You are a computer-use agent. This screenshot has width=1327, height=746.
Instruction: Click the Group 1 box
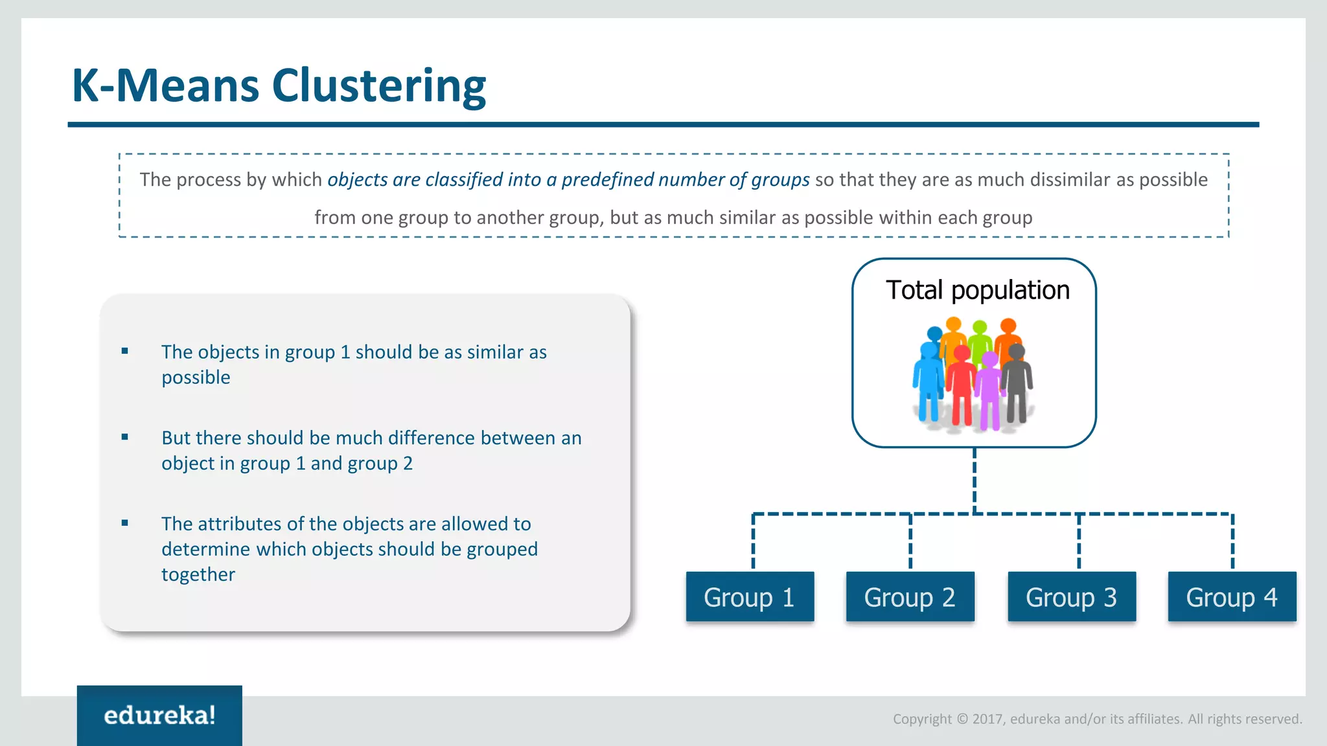(x=750, y=596)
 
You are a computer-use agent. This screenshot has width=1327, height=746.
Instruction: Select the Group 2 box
(x=910, y=596)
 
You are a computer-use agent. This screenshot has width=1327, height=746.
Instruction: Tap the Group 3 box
(x=1071, y=596)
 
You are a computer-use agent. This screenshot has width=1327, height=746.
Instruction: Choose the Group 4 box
(x=1232, y=596)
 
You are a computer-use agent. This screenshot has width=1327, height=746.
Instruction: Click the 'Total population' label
(x=977, y=290)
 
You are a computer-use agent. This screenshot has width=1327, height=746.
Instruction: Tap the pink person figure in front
(x=989, y=392)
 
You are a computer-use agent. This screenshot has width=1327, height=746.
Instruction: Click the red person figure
(x=962, y=385)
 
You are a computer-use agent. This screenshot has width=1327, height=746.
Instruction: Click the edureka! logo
(x=159, y=716)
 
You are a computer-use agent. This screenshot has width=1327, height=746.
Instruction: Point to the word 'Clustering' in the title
(x=378, y=85)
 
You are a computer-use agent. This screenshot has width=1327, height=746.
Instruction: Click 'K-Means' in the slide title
(x=165, y=85)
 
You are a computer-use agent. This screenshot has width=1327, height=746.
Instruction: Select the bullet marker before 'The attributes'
(x=125, y=523)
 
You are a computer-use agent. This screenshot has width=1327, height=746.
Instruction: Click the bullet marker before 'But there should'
(x=125, y=437)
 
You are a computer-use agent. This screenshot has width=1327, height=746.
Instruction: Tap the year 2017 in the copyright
(x=988, y=719)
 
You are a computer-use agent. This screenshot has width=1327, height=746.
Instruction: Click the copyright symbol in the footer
(x=962, y=719)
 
